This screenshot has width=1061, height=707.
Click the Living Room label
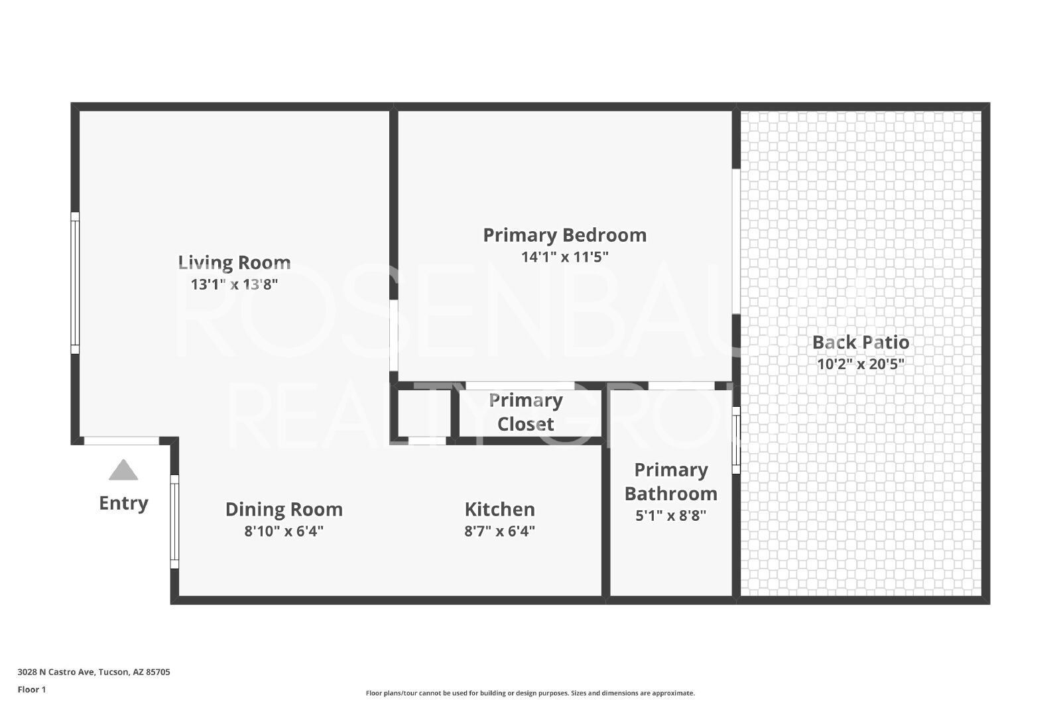[x=234, y=262]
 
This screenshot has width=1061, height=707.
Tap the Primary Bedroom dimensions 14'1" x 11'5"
[x=564, y=257]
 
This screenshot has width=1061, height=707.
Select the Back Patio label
[x=861, y=342]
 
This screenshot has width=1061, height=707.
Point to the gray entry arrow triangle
[x=123, y=469]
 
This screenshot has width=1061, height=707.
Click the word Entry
[x=123, y=503]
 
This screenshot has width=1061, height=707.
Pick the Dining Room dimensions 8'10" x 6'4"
[x=284, y=531]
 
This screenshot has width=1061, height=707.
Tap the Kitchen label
[x=500, y=509]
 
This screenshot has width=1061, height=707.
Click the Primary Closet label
[x=526, y=412]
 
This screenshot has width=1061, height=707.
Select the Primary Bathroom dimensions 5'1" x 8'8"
[x=670, y=516]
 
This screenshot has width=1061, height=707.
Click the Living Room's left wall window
[x=75, y=282]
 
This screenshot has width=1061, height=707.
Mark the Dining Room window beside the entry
[x=174, y=521]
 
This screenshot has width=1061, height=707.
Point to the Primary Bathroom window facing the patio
[x=736, y=440]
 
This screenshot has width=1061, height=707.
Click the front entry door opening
[x=122, y=441]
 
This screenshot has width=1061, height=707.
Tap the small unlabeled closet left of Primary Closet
[x=424, y=413]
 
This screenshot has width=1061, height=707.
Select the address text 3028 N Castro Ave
[x=57, y=672]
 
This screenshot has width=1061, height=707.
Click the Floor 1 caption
[x=32, y=690]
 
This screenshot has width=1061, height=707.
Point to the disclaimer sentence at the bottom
[x=530, y=693]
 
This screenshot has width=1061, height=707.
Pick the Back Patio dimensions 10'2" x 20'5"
[x=861, y=364]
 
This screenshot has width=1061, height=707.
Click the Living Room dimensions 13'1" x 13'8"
[x=234, y=284]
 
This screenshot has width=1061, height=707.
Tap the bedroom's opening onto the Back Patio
[x=736, y=241]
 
